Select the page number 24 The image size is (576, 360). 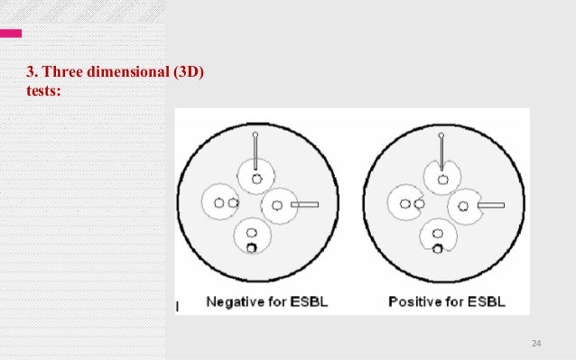coord(536,344)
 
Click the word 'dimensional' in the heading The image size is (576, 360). coord(125,73)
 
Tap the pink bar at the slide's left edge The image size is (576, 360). coord(11,33)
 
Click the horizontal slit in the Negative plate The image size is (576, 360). coord(305,205)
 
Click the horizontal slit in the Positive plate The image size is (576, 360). coord(490,206)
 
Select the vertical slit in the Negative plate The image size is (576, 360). coord(255,152)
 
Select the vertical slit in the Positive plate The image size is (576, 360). coord(441,152)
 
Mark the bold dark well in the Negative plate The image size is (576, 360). coord(252,248)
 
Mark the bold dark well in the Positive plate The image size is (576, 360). coord(437,249)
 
